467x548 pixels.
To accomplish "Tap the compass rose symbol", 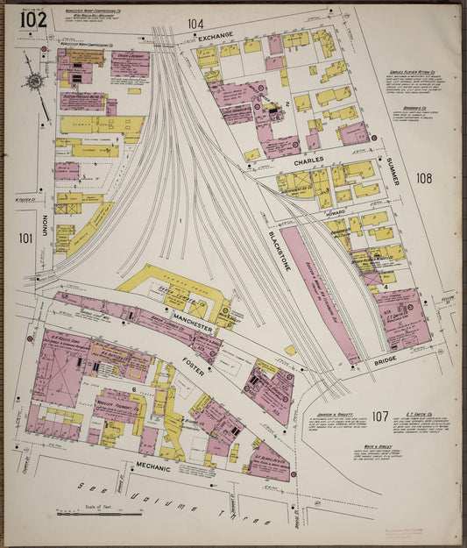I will (35, 82).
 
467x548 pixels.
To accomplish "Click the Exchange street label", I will (216, 36).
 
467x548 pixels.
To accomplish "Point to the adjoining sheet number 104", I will (195, 24).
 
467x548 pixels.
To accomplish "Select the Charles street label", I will (308, 161).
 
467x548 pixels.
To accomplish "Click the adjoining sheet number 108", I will (424, 179).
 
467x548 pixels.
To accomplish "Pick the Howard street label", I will (334, 212).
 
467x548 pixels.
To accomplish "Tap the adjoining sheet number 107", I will (379, 416).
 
